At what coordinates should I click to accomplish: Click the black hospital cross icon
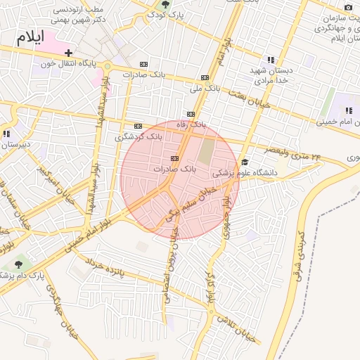pos(68,53)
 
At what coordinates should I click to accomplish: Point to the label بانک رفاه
pos(191,124)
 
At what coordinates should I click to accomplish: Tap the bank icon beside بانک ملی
pos(205,77)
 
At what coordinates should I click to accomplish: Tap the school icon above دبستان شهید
pos(271,60)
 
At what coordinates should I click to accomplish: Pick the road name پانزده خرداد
pos(106,265)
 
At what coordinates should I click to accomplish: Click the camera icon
pos(347,8)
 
